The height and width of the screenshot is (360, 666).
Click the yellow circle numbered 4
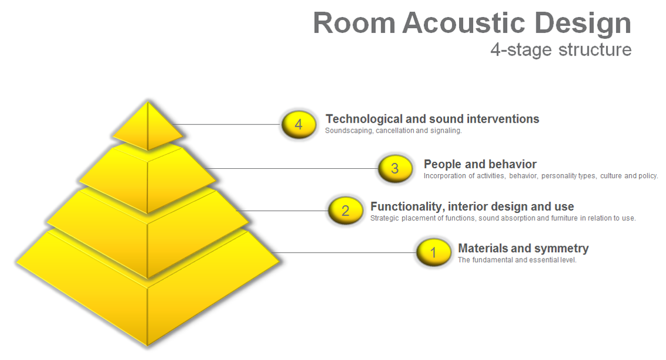tap(298, 124)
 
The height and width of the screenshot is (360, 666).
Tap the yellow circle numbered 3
tap(395, 169)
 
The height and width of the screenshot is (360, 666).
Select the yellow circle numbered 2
tap(346, 210)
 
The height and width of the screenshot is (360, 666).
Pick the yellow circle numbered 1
tap(434, 253)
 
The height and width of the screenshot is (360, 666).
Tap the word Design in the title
tap(582, 24)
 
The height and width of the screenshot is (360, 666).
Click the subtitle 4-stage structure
tap(561, 50)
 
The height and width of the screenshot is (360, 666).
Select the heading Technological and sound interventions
tap(433, 119)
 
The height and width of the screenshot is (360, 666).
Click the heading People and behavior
tap(480, 165)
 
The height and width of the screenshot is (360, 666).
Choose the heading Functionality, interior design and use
tap(472, 206)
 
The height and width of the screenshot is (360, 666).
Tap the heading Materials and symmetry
tap(524, 248)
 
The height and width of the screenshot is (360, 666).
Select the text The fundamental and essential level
tap(517, 260)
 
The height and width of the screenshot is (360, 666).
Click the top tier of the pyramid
tap(148, 126)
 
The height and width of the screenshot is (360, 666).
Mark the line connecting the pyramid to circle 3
tap(292, 169)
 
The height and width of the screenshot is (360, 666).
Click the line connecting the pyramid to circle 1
tap(344, 253)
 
